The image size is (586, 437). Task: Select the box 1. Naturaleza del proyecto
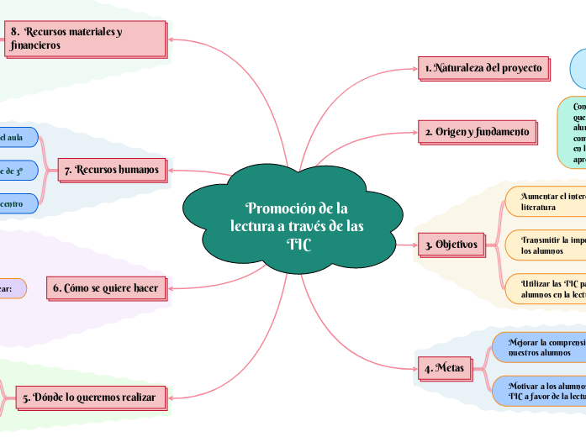click(483, 68)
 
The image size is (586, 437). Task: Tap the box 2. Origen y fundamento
click(477, 132)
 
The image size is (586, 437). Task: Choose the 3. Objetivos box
click(451, 245)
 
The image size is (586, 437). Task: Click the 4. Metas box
click(445, 368)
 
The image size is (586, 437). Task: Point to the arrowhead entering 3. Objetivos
click(414, 245)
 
